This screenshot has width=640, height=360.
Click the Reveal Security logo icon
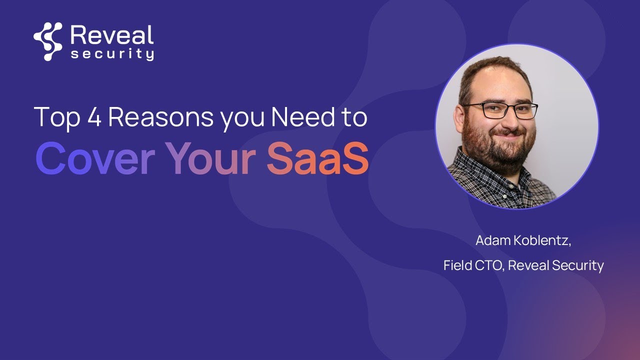coord(47,41)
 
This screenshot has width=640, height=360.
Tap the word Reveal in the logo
coord(112,35)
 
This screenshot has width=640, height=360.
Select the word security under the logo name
coord(112,54)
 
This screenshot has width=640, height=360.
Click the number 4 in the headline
coord(94,117)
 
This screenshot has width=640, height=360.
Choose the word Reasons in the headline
coord(161,117)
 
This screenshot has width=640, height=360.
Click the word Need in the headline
coord(303,116)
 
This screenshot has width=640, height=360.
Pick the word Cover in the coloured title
coord(95,158)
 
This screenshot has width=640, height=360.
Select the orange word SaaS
coord(317,158)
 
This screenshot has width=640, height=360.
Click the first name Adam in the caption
coord(493,240)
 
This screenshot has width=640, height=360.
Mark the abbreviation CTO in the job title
coord(489,265)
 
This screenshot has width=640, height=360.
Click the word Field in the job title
coord(457,265)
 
